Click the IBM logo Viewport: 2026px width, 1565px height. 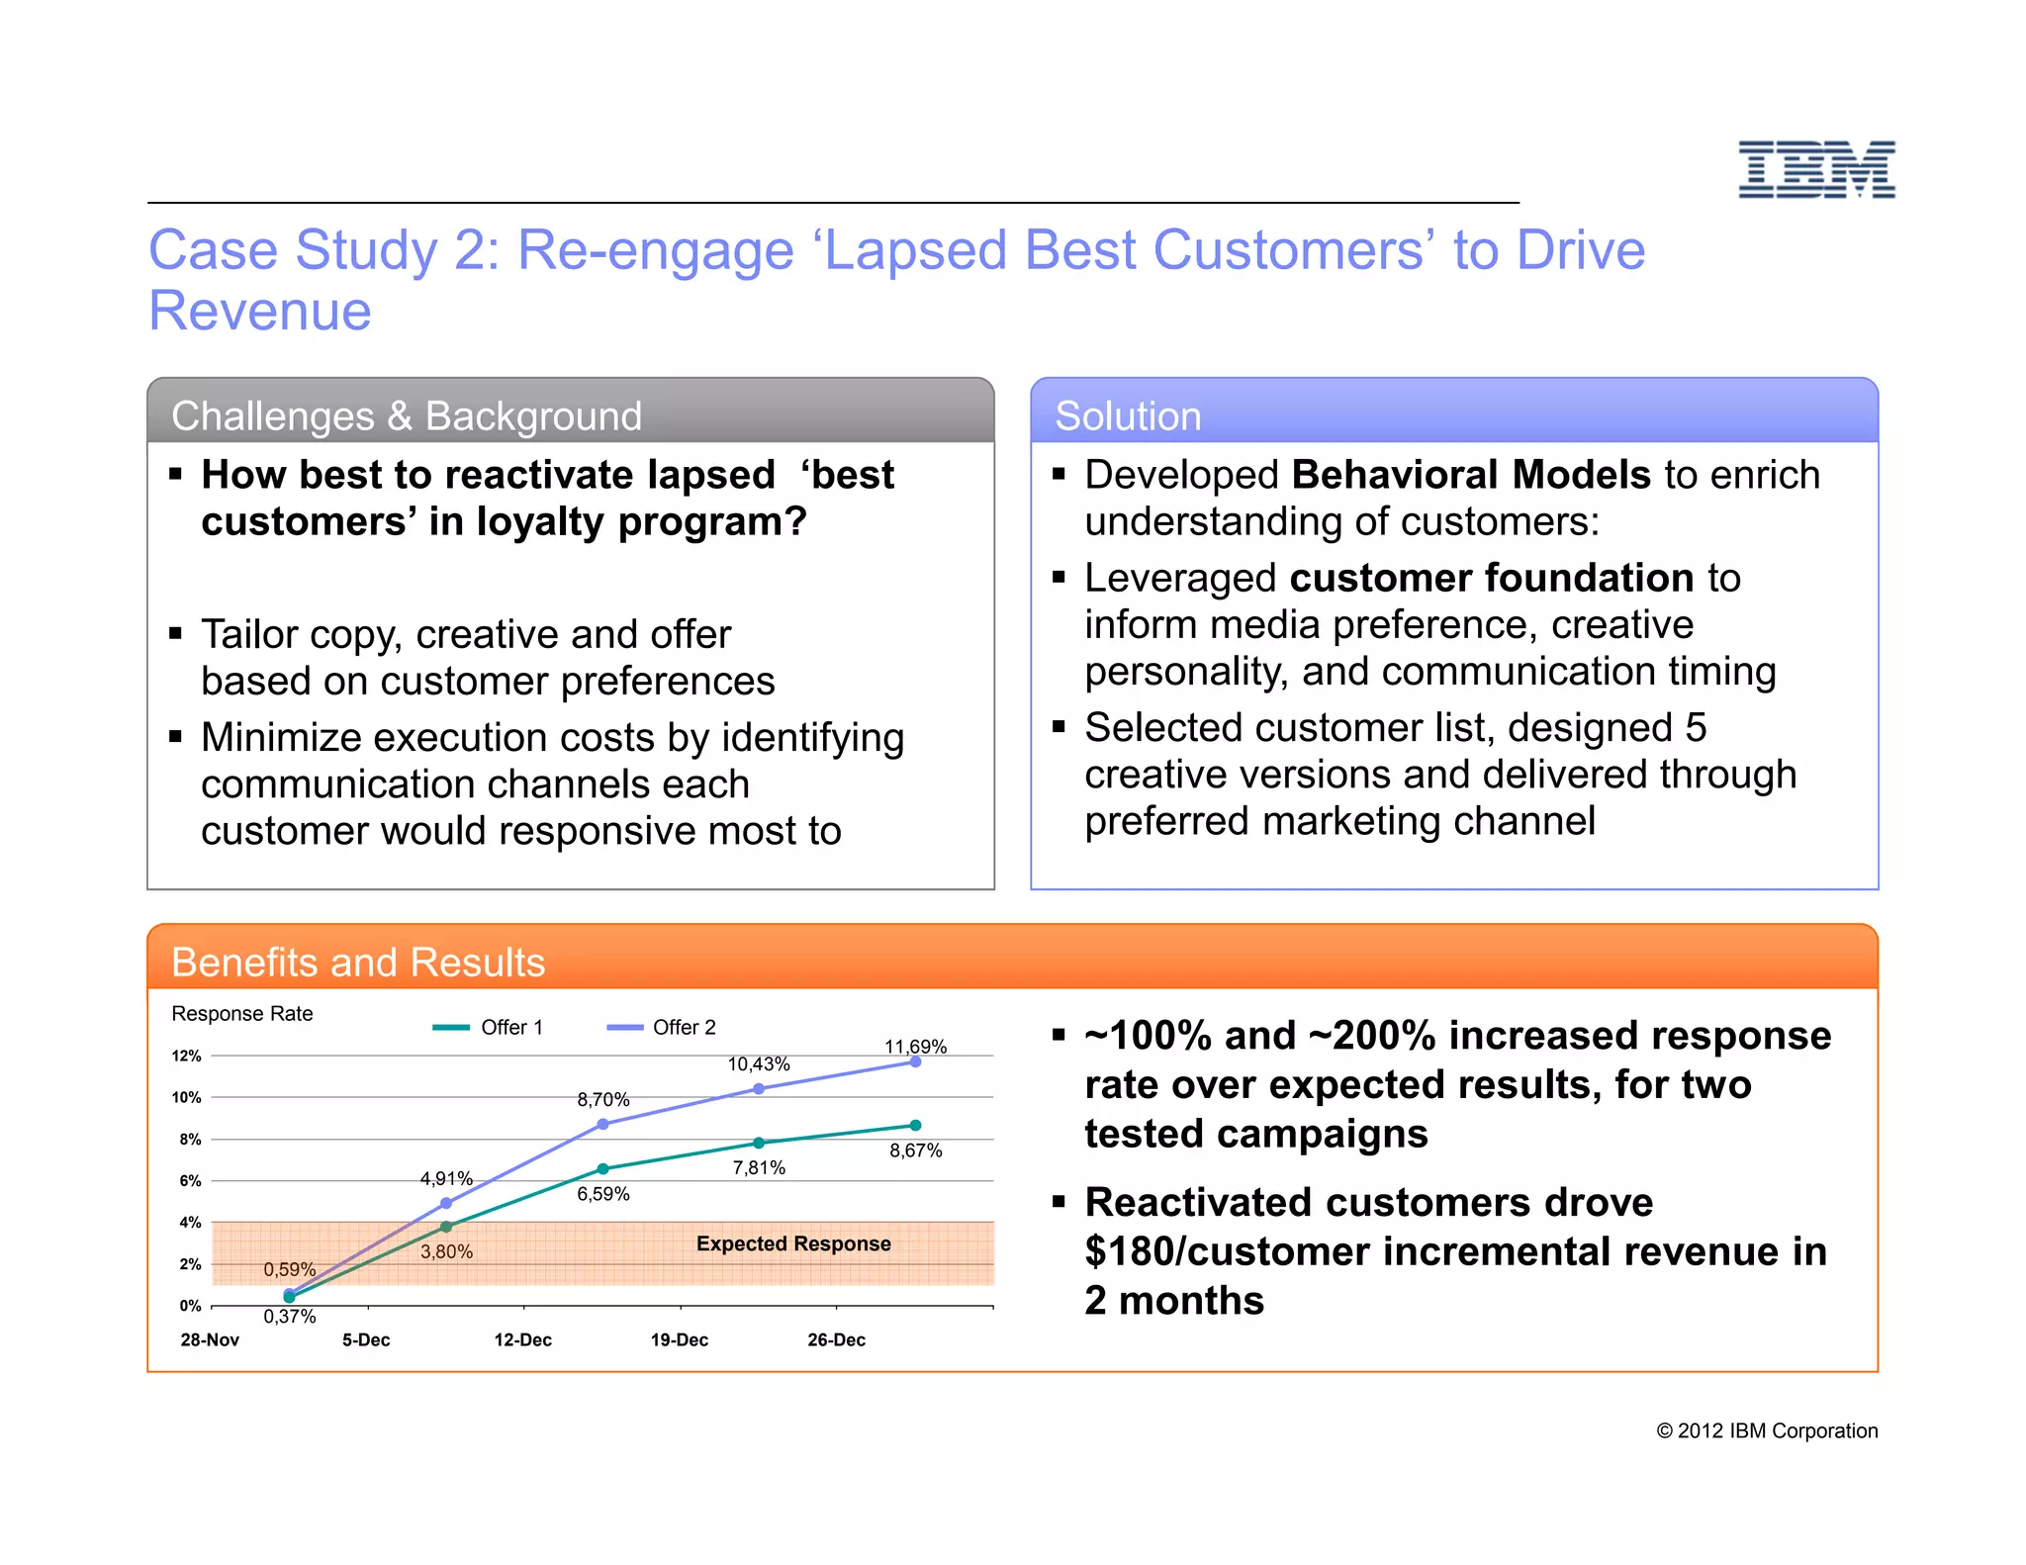[x=1816, y=169]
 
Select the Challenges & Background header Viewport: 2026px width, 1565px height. [x=407, y=415]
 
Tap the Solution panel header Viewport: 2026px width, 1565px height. [x=1128, y=415]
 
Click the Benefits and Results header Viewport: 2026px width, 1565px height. [x=358, y=962]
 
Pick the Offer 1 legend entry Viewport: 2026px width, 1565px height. [x=489, y=1028]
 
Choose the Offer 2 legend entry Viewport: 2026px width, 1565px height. [x=662, y=1028]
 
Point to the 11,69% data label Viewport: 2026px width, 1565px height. [x=915, y=1047]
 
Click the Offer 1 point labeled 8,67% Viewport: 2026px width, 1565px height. [x=915, y=1125]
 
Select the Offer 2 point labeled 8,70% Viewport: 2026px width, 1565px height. [x=603, y=1124]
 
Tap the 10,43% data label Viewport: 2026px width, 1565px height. [x=759, y=1064]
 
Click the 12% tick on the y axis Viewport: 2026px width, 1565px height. [x=187, y=1056]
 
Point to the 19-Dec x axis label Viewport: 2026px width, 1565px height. [x=679, y=1339]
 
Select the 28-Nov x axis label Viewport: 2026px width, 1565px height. [x=210, y=1339]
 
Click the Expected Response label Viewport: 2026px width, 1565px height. [x=793, y=1243]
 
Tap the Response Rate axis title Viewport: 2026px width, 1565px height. [x=242, y=1014]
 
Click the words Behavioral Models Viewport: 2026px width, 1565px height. [x=1471, y=475]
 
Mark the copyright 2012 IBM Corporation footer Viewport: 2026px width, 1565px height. [x=1767, y=1430]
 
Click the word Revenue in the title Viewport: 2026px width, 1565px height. [x=260, y=311]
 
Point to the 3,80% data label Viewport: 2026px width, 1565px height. [x=446, y=1251]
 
